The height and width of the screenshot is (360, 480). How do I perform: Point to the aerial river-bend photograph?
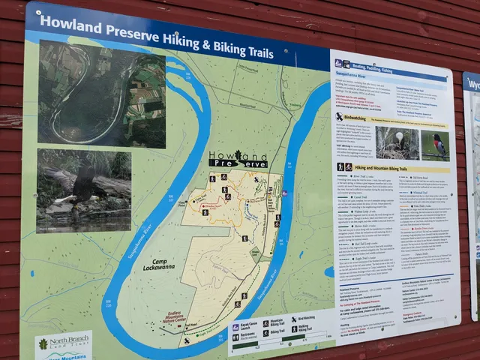[102, 91]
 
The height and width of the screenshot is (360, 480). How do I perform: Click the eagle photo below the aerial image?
[83, 189]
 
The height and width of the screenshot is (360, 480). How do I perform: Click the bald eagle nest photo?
[397, 143]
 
